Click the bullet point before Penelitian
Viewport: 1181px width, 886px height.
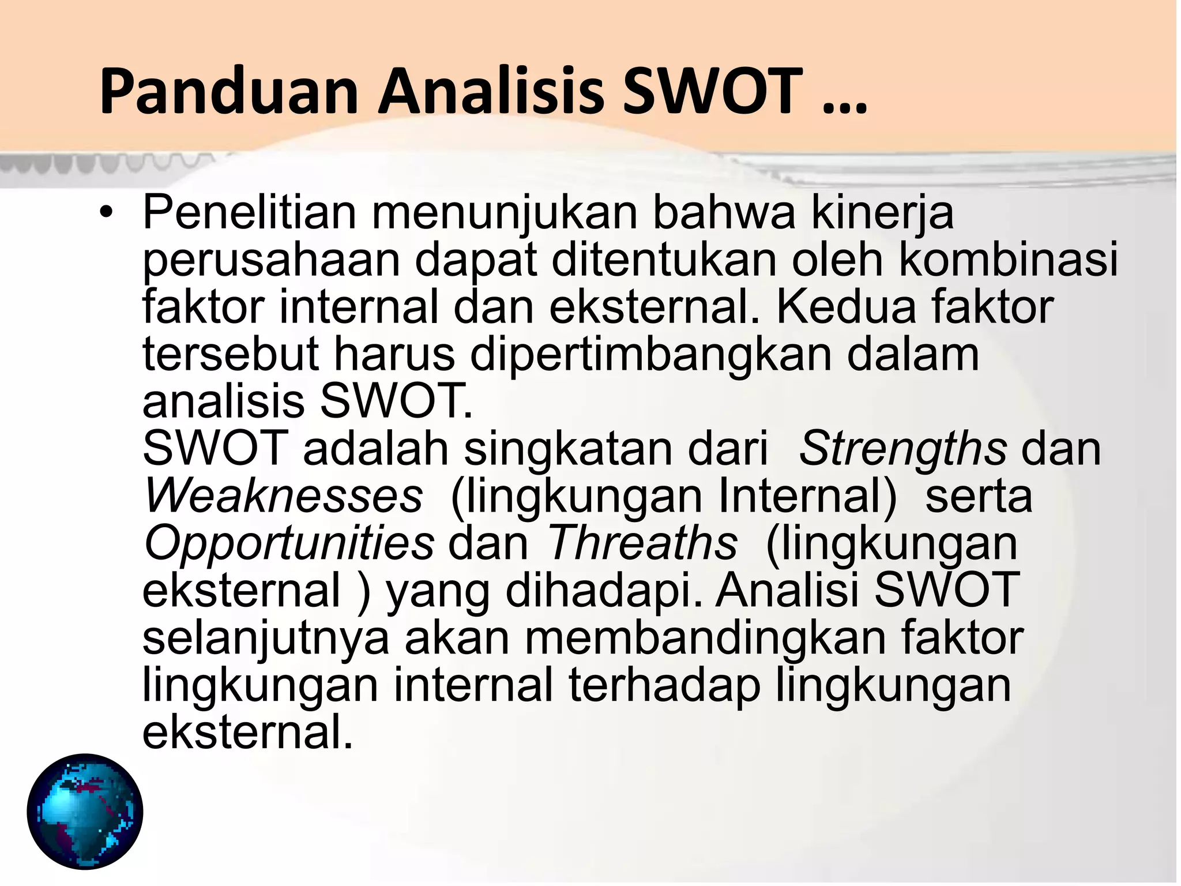tap(106, 213)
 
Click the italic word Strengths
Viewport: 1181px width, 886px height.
tap(903, 450)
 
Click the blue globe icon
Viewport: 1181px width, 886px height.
tap(85, 811)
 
